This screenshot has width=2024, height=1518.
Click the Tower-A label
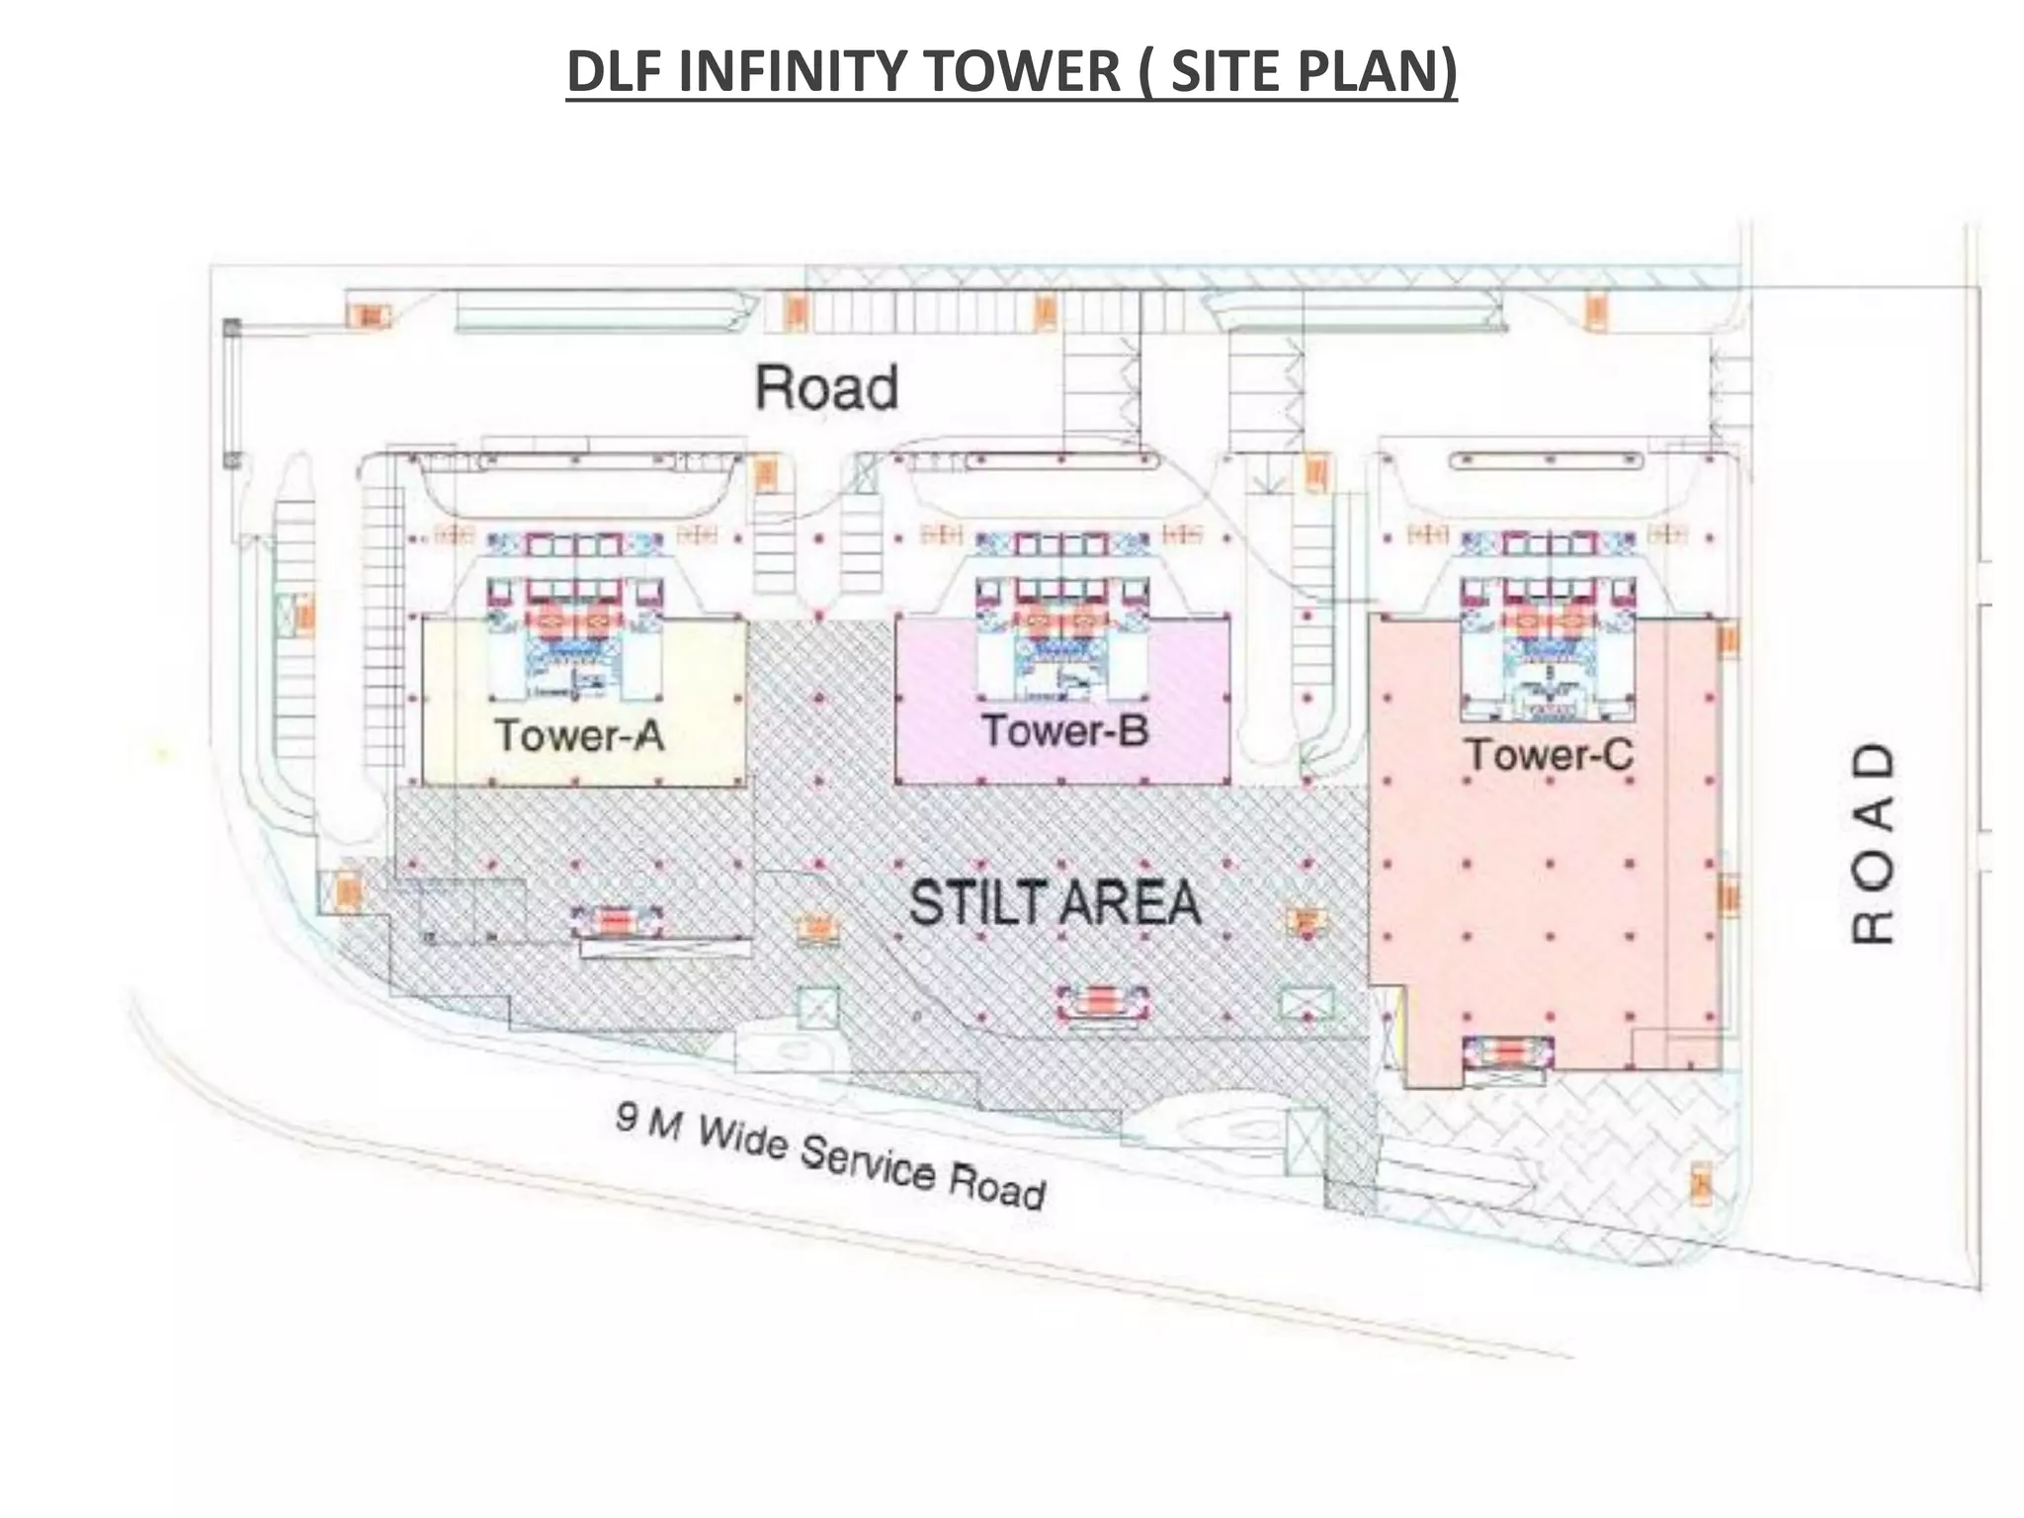coord(579,735)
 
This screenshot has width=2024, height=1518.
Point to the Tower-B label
coord(1065,730)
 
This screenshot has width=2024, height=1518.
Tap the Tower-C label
coord(1549,755)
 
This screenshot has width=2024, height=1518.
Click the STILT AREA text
coord(1054,903)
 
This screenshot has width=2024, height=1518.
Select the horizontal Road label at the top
coord(827,387)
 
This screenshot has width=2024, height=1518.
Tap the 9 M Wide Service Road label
coord(830,1157)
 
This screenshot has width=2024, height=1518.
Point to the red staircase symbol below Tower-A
coord(617,922)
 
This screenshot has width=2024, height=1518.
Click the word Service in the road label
coord(867,1162)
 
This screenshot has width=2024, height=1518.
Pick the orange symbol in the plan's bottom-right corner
coord(1701,1185)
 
